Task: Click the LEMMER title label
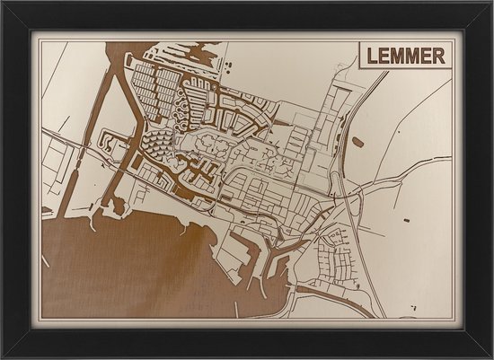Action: pos(404,56)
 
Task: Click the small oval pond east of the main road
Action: pos(358,142)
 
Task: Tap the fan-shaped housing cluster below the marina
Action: pos(158,144)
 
